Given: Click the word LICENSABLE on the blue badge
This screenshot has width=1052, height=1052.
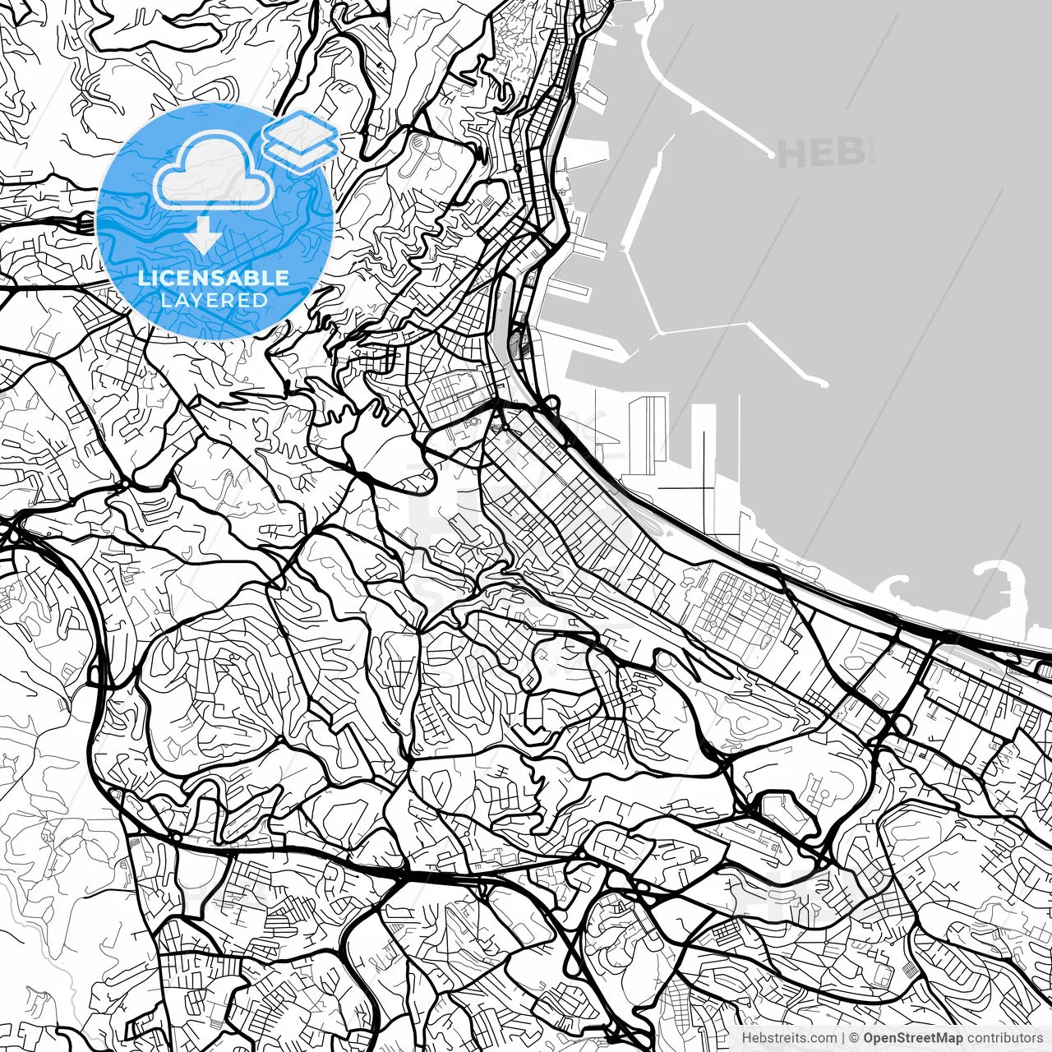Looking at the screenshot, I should [x=214, y=278].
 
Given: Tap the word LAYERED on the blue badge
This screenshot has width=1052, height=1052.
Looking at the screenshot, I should [x=214, y=301].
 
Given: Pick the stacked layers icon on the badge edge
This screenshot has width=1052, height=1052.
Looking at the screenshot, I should [x=301, y=140].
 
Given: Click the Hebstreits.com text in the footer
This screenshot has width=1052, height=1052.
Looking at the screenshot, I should [x=789, y=1038].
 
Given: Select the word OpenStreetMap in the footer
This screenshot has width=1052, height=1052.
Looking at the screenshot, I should [x=912, y=1038].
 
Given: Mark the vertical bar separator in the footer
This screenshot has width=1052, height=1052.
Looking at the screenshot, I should [x=844, y=1038].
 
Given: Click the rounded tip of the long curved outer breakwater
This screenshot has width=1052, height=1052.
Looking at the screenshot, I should [x=772, y=153].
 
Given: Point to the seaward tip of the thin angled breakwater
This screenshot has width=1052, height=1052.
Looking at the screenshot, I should [x=823, y=382].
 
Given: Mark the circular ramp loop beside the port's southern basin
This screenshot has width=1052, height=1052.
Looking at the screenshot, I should [x=551, y=403].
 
